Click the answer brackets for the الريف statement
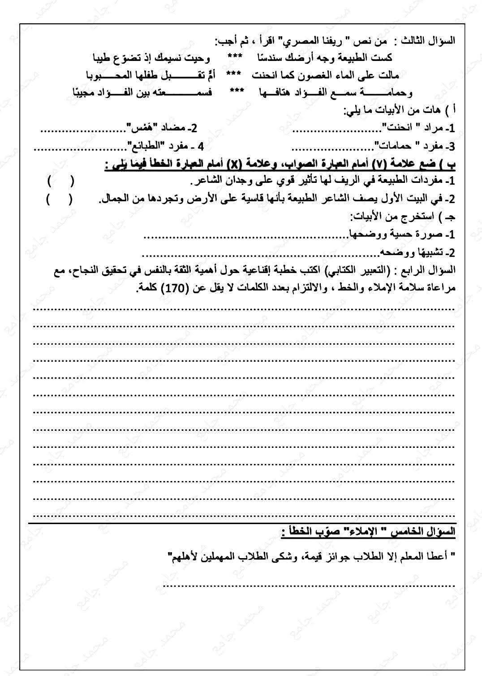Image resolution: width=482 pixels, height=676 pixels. (61, 182)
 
